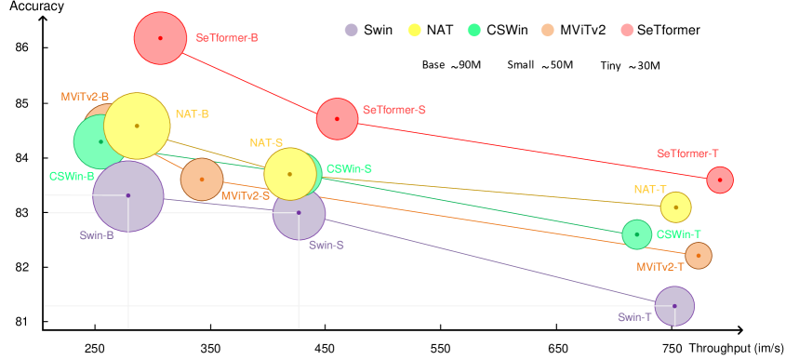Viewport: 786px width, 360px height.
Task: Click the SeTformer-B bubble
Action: click(x=160, y=38)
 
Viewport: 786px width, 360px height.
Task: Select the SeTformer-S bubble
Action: click(x=337, y=119)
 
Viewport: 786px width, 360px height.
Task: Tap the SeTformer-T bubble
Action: click(x=720, y=180)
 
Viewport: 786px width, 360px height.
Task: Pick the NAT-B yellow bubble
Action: click(x=137, y=126)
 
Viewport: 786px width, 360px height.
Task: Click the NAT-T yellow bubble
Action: click(x=675, y=207)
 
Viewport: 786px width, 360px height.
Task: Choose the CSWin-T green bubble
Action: click(x=636, y=234)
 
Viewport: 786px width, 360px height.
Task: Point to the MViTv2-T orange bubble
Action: click(x=698, y=255)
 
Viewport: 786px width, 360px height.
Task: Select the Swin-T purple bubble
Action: click(x=674, y=306)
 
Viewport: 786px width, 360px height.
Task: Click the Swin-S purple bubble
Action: click(x=299, y=213)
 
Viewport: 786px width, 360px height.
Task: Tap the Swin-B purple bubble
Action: click(x=128, y=195)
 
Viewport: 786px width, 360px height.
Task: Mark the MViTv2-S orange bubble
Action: click(x=202, y=180)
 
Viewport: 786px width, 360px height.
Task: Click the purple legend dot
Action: click(x=351, y=30)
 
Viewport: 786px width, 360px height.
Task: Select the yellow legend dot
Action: click(x=414, y=30)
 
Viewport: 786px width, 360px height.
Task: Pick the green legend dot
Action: click(x=473, y=30)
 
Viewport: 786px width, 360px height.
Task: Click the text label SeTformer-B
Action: click(x=227, y=38)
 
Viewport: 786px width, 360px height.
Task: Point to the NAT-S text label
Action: click(x=265, y=143)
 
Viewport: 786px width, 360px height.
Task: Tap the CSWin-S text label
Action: click(x=349, y=168)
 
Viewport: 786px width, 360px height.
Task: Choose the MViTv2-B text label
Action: click(x=85, y=97)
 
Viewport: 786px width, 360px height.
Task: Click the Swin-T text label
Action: click(x=634, y=317)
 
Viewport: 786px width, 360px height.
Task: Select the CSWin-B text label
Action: click(x=72, y=176)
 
